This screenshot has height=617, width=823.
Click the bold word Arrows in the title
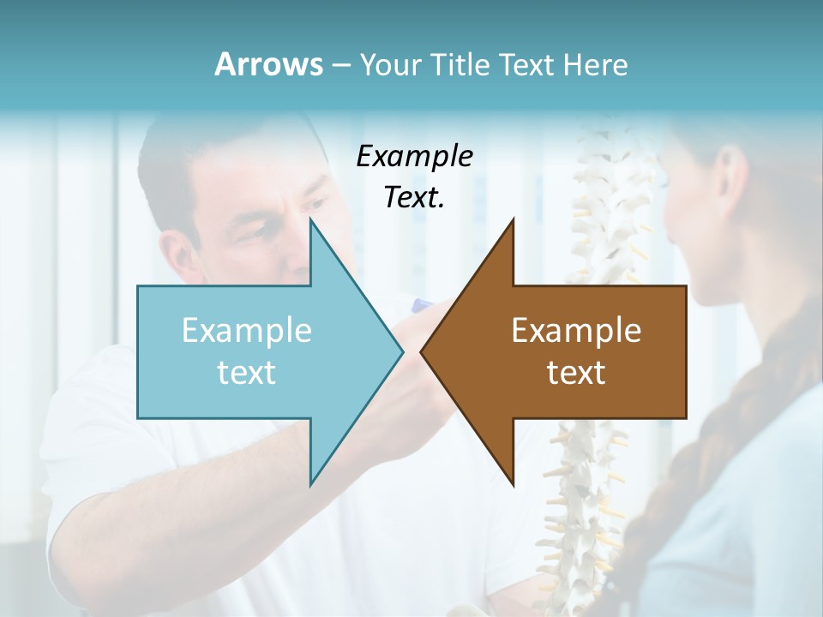pyautogui.click(x=268, y=64)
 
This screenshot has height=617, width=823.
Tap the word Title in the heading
pyautogui.click(x=460, y=64)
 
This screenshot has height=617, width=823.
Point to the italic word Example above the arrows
pyautogui.click(x=414, y=156)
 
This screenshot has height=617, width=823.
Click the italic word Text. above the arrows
pyautogui.click(x=414, y=197)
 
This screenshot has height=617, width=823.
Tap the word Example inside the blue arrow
pyautogui.click(x=246, y=331)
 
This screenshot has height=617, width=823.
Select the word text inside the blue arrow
pyautogui.click(x=246, y=373)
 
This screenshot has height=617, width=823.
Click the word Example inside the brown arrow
pyautogui.click(x=576, y=331)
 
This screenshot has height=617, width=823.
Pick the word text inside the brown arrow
pyautogui.click(x=576, y=373)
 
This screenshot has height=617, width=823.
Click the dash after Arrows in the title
pyautogui.click(x=340, y=65)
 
